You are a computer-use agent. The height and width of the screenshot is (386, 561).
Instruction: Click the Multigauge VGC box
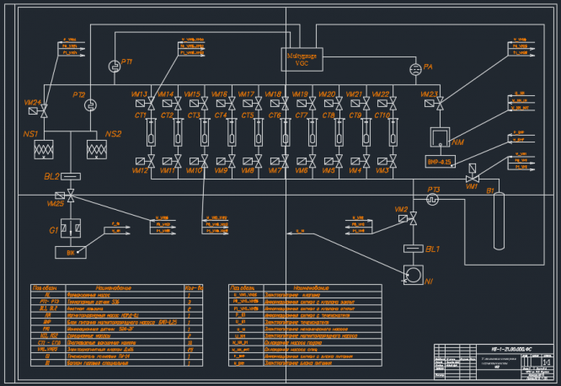[302, 57]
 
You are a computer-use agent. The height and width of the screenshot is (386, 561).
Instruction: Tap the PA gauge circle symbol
[415, 68]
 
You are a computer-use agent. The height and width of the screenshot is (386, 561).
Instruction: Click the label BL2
[52, 177]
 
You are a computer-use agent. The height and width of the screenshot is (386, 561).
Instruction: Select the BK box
[71, 252]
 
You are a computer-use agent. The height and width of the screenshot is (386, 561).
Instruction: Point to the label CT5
[248, 115]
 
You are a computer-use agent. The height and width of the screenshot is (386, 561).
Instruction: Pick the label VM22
[381, 94]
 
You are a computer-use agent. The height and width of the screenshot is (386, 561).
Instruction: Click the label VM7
[274, 170]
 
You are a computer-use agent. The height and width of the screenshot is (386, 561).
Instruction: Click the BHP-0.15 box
[441, 160]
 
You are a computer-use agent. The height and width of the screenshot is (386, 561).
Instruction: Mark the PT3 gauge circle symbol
[433, 200]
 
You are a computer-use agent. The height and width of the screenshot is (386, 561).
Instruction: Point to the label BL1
[433, 249]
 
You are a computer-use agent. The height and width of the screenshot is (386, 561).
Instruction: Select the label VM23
[429, 94]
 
